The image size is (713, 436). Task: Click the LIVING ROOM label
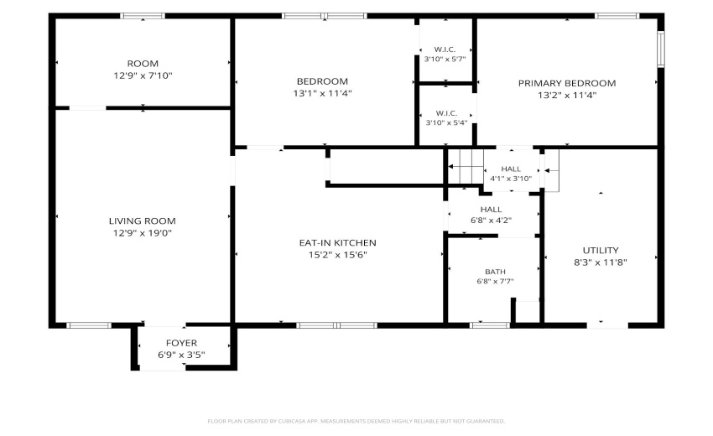tap(143, 221)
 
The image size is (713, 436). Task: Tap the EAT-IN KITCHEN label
tap(338, 243)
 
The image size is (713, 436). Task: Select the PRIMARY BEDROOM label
tap(567, 83)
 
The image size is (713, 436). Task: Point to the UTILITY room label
tap(601, 251)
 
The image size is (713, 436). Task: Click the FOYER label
tap(181, 343)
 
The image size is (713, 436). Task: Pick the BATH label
tap(495, 272)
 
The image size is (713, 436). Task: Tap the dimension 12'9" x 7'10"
tap(143, 75)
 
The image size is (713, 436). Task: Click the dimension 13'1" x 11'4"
tap(322, 93)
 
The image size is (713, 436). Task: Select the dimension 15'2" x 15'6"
tap(338, 255)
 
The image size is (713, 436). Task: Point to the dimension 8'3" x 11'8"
tap(601, 262)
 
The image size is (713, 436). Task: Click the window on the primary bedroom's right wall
tap(661, 49)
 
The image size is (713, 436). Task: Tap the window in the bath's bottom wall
tap(490, 325)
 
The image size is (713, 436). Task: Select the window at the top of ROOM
tap(143, 16)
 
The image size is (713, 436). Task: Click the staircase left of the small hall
tap(466, 166)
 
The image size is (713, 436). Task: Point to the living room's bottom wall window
tap(89, 325)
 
